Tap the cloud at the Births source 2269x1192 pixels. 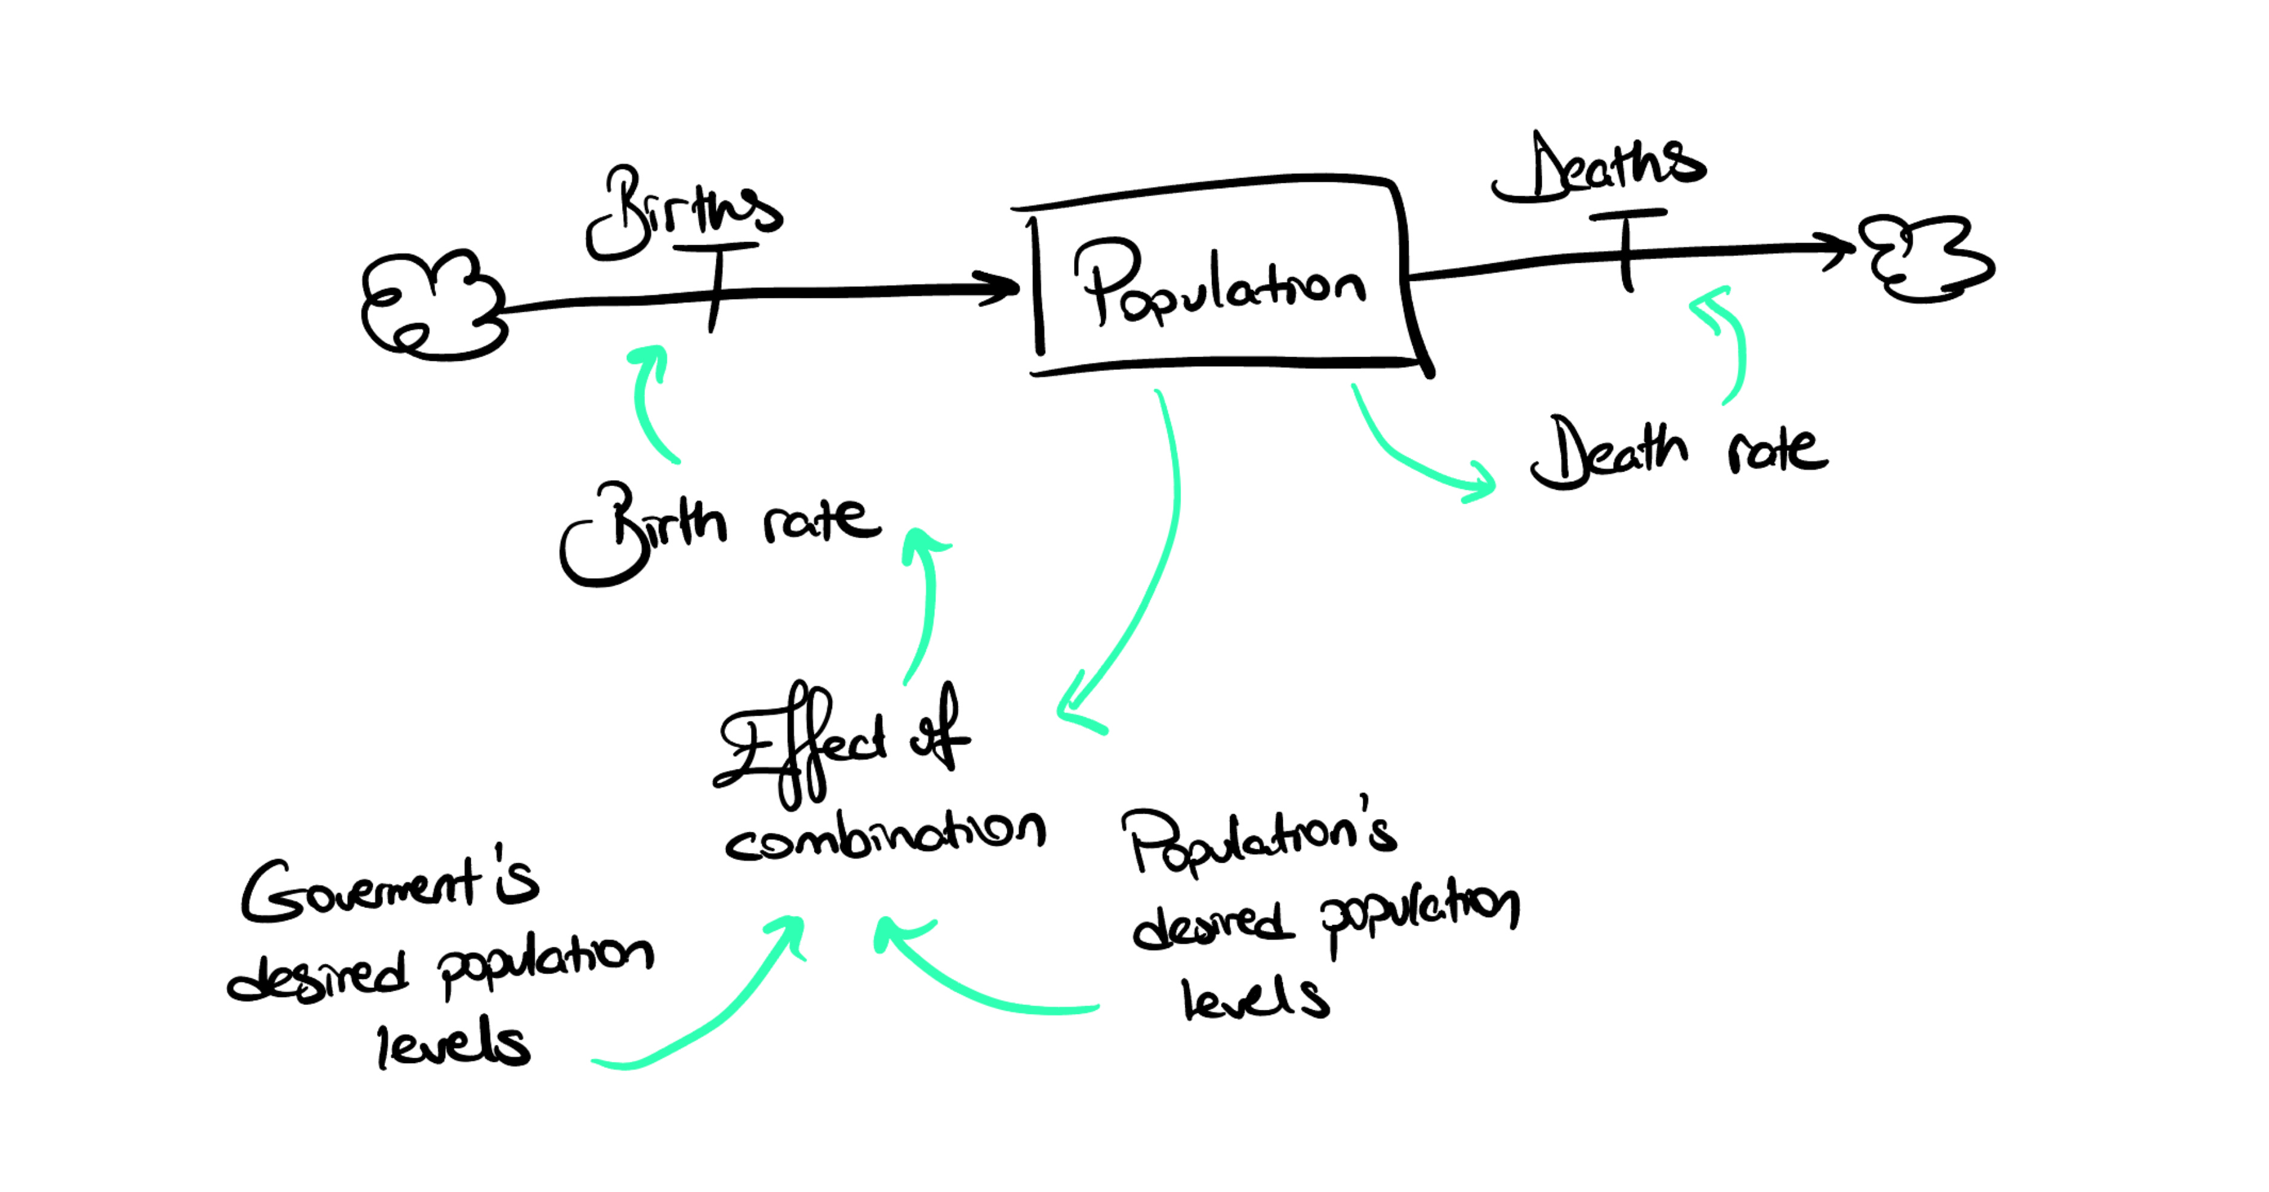tap(433, 304)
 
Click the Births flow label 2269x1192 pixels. tap(684, 211)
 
